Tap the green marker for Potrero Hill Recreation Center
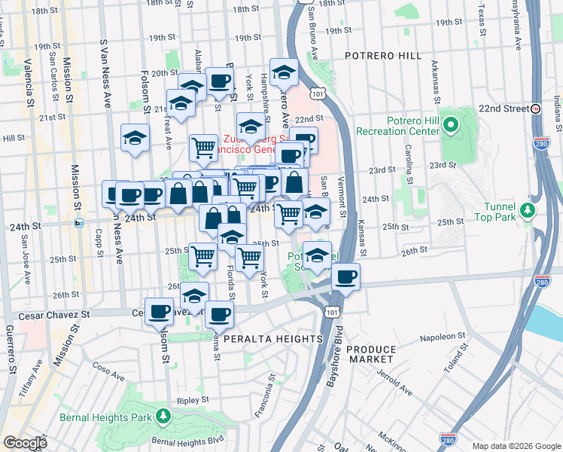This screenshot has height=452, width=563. (x=452, y=124)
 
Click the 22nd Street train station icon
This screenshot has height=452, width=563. (x=535, y=108)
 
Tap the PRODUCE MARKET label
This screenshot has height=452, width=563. (x=372, y=355)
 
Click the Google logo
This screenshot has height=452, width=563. (x=25, y=443)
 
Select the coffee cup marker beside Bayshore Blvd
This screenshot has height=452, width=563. (x=345, y=276)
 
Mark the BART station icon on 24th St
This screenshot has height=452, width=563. (x=78, y=223)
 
